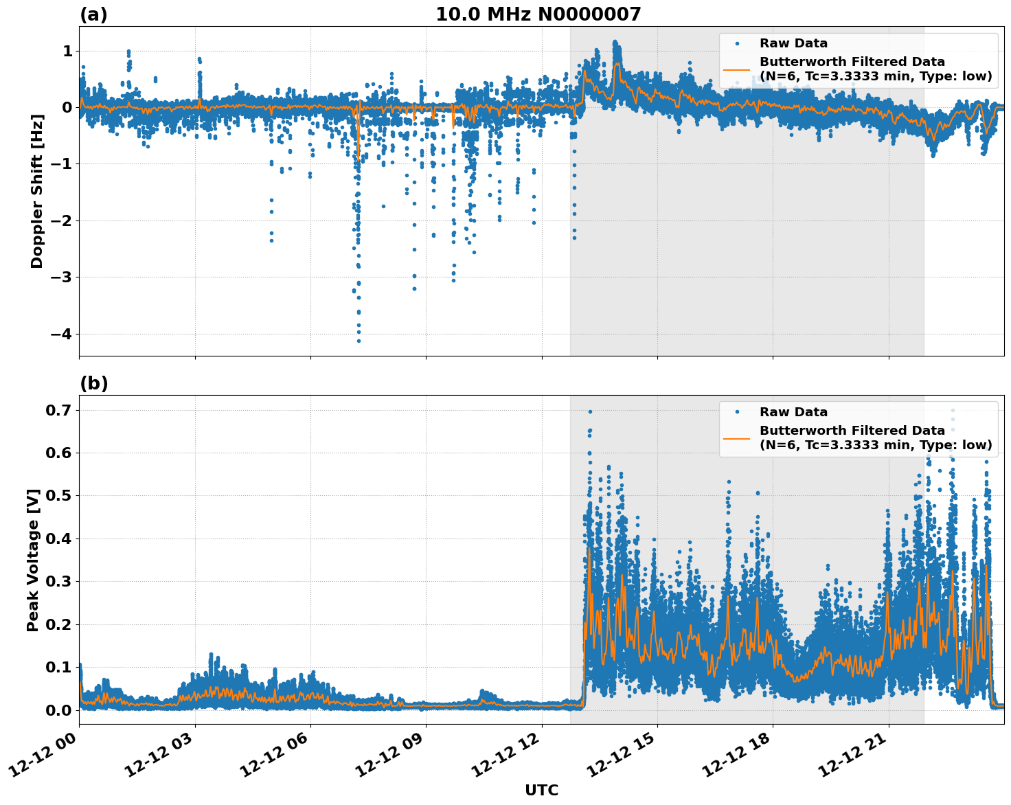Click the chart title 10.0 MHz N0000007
[538, 14]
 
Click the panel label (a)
[93, 14]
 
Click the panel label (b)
[93, 383]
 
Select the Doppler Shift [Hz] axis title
[37, 191]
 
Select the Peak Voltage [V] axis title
[33, 560]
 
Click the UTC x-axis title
[541, 790]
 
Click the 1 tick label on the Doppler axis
[67, 52]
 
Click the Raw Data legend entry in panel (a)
[793, 43]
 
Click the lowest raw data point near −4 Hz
[359, 341]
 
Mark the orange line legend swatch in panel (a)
[737, 69]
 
